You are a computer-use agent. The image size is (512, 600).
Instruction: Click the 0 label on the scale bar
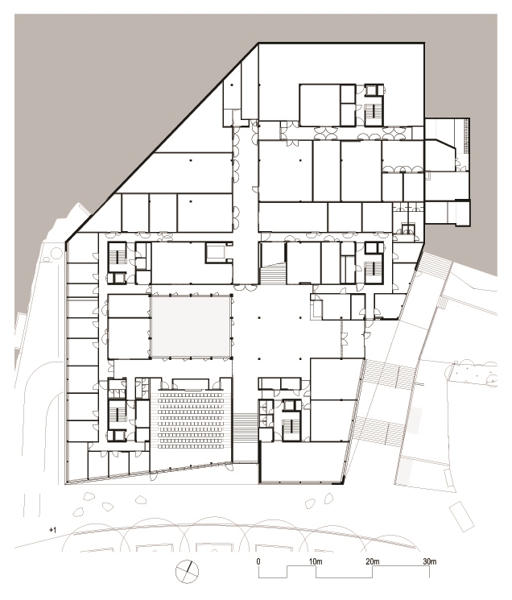[258, 561]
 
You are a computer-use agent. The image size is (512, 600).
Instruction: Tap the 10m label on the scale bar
[316, 561]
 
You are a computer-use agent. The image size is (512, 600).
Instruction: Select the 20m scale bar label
[373, 561]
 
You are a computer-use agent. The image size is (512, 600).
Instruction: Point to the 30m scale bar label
[429, 561]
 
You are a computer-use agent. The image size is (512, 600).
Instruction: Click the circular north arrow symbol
[187, 572]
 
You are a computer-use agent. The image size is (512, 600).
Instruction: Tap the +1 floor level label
[52, 530]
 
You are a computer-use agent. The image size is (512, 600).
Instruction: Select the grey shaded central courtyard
[191, 326]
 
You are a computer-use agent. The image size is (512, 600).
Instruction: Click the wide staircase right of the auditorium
[246, 428]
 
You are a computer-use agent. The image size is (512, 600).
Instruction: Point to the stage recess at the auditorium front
[191, 384]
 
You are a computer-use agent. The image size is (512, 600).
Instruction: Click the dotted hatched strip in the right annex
[465, 137]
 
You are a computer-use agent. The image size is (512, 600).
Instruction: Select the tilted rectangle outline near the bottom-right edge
[461, 516]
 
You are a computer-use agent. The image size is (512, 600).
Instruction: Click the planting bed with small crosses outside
[474, 373]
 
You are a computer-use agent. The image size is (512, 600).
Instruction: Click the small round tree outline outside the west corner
[56, 253]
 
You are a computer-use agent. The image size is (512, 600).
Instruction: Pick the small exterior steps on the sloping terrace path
[443, 303]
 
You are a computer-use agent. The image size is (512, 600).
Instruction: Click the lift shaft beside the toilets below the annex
[408, 230]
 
